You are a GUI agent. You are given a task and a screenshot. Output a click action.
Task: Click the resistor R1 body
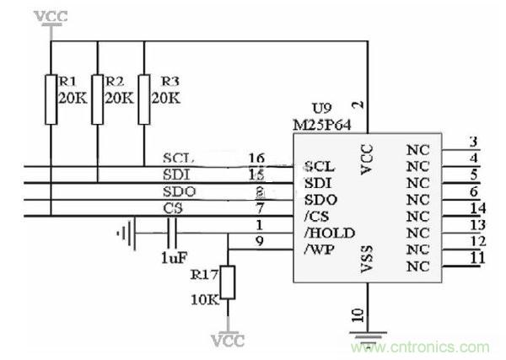[x=51, y=99]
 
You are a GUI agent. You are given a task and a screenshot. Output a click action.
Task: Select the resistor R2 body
[x=98, y=99]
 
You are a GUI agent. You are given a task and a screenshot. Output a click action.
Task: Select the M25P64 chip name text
[x=323, y=124]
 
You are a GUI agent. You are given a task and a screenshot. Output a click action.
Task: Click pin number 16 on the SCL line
[x=257, y=158]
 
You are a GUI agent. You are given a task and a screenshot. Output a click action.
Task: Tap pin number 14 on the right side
[x=477, y=207]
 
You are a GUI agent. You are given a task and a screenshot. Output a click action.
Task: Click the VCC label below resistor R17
[x=228, y=341]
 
